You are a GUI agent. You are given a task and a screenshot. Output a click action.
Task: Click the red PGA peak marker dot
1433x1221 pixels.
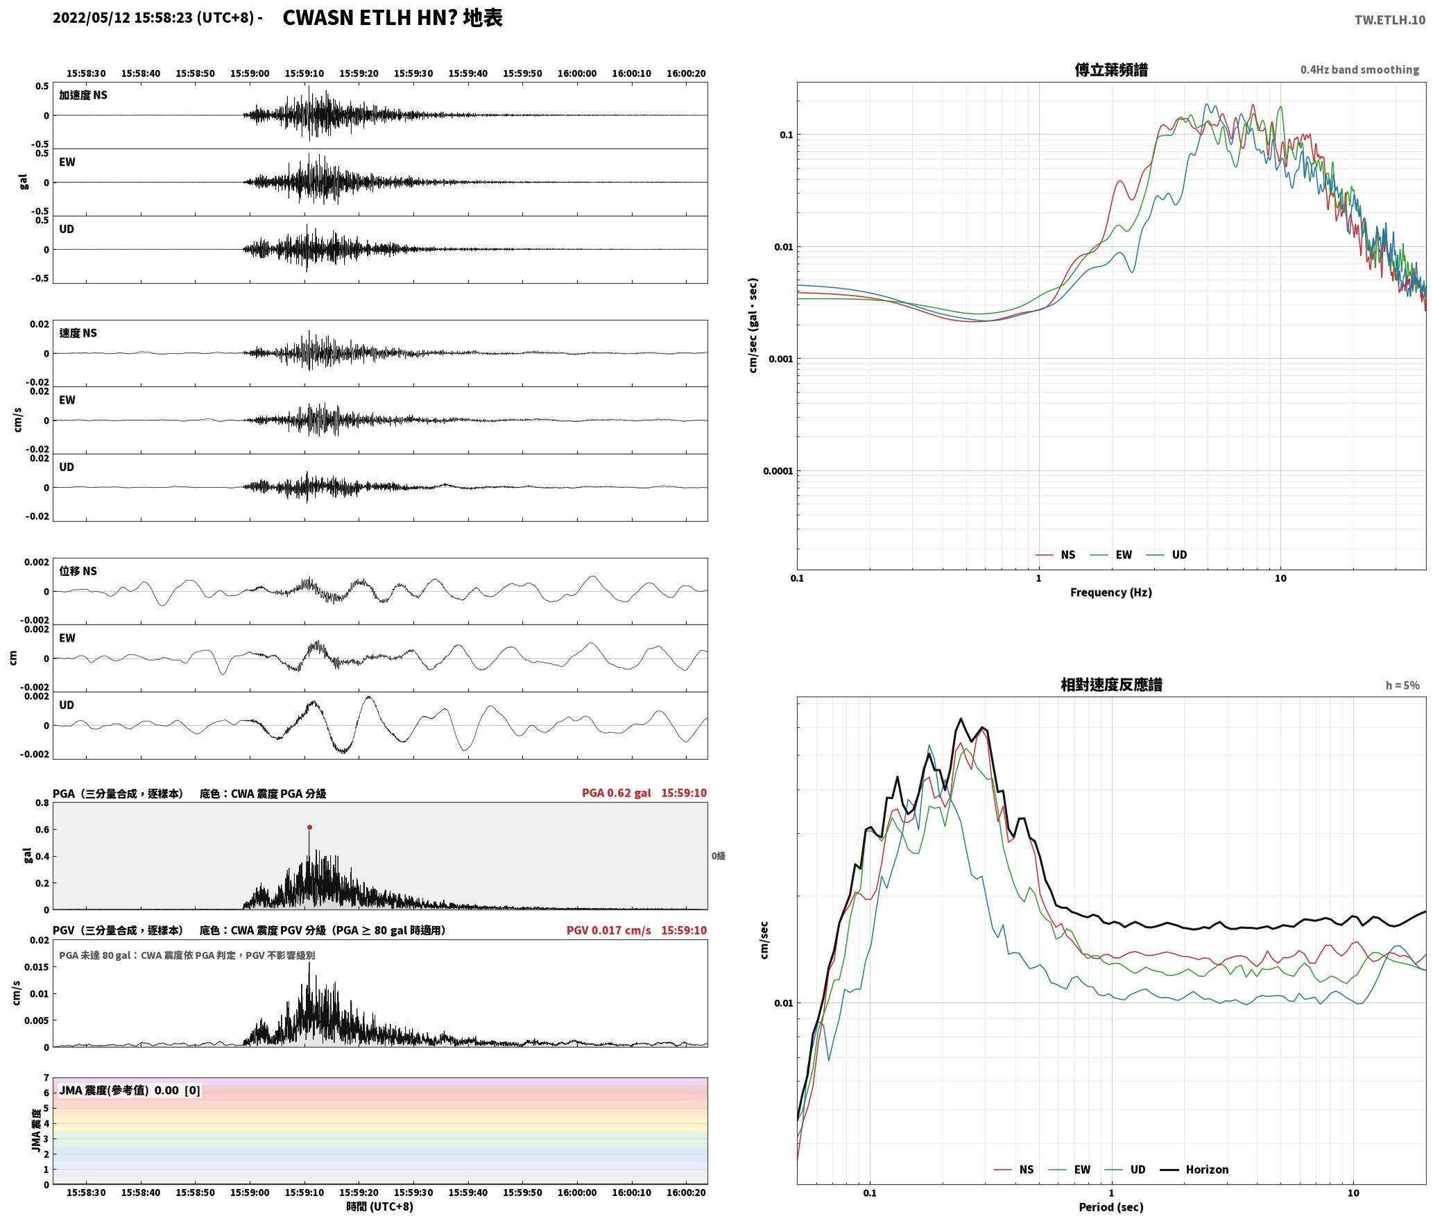[309, 827]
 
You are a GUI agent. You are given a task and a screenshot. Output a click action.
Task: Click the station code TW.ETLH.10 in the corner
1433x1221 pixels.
[1389, 20]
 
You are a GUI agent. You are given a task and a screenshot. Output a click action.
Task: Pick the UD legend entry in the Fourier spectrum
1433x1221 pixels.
[1167, 555]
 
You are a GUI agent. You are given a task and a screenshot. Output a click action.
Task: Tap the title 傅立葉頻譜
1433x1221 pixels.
[1111, 70]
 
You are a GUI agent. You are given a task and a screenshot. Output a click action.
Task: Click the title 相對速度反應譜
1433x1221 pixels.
[1111, 685]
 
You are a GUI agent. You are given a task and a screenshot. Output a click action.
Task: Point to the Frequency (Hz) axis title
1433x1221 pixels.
[1111, 592]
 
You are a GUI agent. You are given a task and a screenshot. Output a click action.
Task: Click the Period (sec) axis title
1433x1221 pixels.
[1111, 1207]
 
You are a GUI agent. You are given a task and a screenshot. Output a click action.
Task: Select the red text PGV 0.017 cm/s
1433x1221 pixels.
[608, 930]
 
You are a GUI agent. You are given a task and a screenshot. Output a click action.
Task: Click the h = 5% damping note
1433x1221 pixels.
[1402, 685]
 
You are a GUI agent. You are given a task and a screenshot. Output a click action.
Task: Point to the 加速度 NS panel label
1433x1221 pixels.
[83, 96]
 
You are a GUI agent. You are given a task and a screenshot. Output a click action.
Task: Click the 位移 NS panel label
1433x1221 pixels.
[78, 572]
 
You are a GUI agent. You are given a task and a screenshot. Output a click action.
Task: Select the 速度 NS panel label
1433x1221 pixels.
[78, 334]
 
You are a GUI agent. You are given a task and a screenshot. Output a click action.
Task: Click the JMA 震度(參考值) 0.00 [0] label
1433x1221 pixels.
[130, 1091]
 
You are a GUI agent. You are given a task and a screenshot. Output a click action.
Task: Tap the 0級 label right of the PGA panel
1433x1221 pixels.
[718, 856]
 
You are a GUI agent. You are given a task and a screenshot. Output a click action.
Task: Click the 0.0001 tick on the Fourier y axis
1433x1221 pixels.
[778, 472]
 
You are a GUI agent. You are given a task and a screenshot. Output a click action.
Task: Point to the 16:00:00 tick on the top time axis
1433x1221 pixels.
[576, 74]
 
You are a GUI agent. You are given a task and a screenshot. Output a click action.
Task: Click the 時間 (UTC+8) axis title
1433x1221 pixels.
[380, 1206]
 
